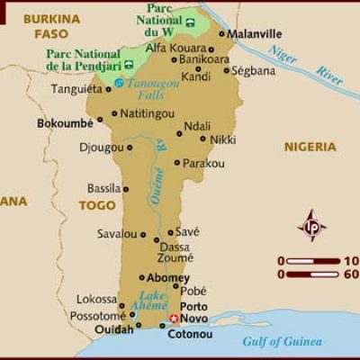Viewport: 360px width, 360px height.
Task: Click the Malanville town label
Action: pyautogui.click(x=255, y=34)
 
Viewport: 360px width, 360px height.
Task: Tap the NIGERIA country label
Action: pyautogui.click(x=310, y=147)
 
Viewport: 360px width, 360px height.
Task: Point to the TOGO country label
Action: pyautogui.click(x=97, y=205)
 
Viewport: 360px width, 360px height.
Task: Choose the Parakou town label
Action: pyautogui.click(x=203, y=163)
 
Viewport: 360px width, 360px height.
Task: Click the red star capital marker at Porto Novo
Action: pyautogui.click(x=174, y=319)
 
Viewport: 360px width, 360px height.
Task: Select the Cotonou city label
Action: pyautogui.click(x=189, y=335)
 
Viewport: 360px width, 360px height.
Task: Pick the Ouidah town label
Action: pyautogui.click(x=112, y=330)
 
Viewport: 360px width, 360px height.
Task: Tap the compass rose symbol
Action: pyautogui.click(x=311, y=225)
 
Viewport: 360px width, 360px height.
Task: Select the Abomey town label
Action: pyautogui.click(x=168, y=278)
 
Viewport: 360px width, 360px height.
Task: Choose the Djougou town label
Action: pyautogui.click(x=100, y=147)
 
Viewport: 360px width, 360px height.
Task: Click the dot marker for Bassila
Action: pyautogui.click(x=127, y=189)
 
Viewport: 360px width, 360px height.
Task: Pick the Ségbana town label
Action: pyautogui.click(x=253, y=69)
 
